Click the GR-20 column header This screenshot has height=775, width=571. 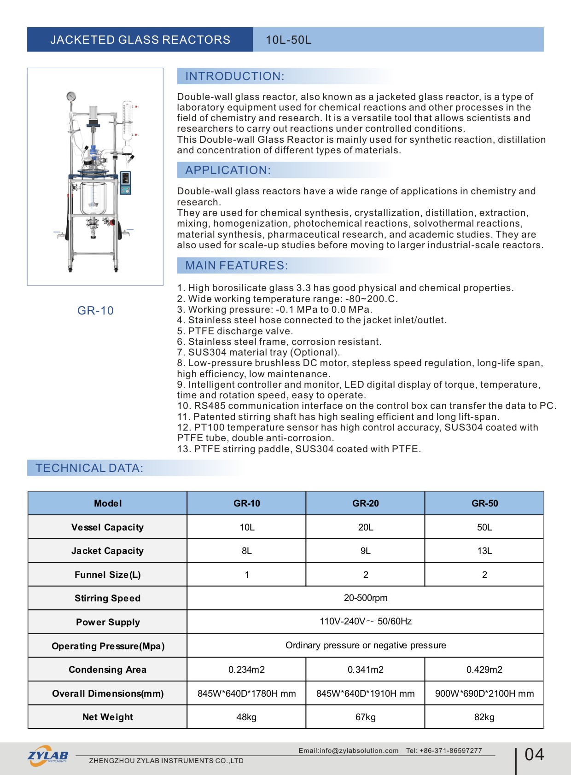coord(366,503)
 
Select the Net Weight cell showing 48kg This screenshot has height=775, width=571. coord(246,717)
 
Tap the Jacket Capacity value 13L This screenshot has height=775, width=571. coord(484,551)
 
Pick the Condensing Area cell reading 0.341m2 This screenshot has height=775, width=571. coord(366,670)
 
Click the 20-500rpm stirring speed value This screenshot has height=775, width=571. coord(366,598)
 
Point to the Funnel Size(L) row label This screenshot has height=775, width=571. coord(108,575)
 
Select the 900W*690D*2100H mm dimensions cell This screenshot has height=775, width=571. coord(484,693)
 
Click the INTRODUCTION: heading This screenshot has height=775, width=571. coord(235,76)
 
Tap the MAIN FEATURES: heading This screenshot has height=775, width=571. coord(236,266)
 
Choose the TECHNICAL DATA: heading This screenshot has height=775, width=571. coord(89,468)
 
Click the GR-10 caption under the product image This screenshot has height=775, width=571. coord(95,311)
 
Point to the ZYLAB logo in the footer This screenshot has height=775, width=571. coord(48,756)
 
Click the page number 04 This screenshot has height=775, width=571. coord(534,755)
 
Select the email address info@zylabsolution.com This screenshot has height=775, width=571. coord(349,751)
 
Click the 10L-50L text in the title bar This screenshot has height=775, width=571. coord(288,40)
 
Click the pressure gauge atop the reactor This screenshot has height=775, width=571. coord(71,96)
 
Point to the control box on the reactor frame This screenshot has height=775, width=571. coord(125,183)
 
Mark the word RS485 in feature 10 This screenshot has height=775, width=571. coord(210,406)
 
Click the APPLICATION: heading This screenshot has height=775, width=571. coord(228,170)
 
